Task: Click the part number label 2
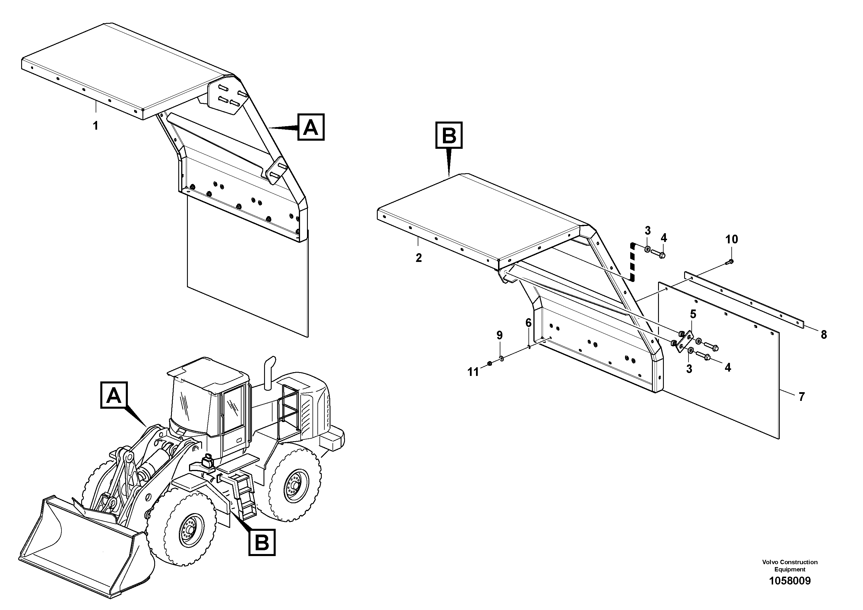click(x=418, y=258)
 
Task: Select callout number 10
click(x=731, y=239)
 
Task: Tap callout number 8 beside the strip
click(x=824, y=335)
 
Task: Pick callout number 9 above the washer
click(x=499, y=335)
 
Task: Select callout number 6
click(x=528, y=323)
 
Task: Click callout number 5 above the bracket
click(x=693, y=314)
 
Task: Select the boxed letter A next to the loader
click(x=114, y=395)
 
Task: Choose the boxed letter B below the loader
click(x=262, y=542)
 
